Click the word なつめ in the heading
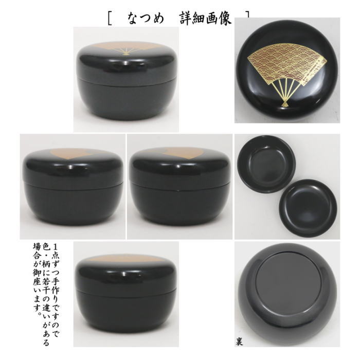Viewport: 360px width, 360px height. tap(146, 20)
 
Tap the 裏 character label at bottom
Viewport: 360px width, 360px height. tap(240, 340)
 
